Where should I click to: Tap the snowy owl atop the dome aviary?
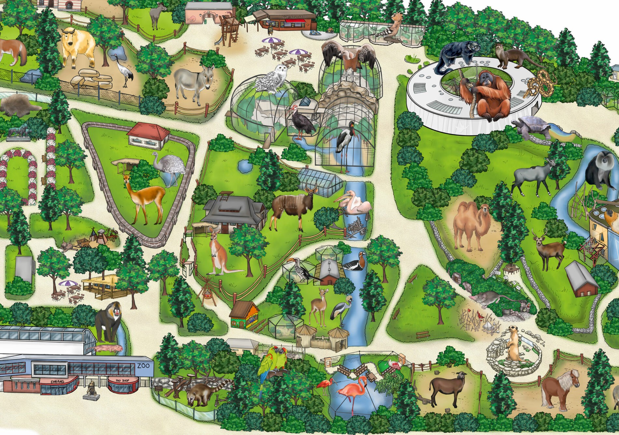(x=272, y=78)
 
